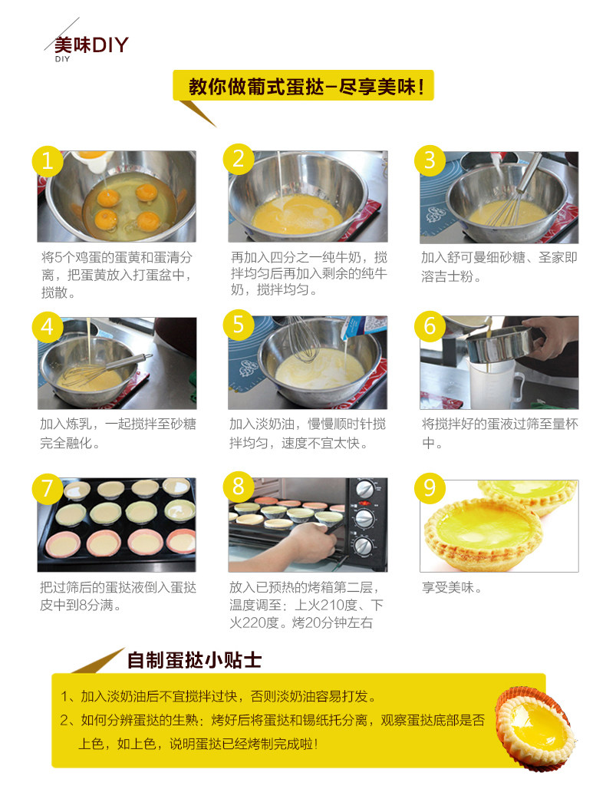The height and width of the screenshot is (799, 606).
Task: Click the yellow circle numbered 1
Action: tap(48, 161)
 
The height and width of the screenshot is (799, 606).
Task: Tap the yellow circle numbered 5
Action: tap(239, 325)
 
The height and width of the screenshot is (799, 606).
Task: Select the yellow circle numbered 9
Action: tap(430, 487)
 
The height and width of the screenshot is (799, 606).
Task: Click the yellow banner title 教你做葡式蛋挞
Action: tap(304, 86)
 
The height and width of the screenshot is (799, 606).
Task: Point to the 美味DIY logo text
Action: tap(91, 45)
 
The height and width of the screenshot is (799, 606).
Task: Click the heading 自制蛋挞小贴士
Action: tap(194, 660)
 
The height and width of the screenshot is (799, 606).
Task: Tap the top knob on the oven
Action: tap(364, 489)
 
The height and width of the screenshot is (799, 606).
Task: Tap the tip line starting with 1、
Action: tap(218, 696)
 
